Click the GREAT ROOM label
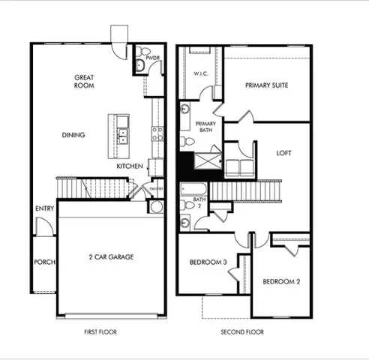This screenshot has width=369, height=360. (x=83, y=82)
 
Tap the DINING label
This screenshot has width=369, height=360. (x=73, y=135)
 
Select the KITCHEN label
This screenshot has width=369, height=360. (x=129, y=166)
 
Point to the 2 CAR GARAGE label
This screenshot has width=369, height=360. (x=110, y=256)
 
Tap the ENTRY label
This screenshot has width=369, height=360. (x=43, y=208)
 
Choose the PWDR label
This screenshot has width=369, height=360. (x=153, y=58)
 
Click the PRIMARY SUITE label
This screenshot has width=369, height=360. (x=266, y=85)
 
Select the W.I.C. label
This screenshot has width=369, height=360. (x=200, y=73)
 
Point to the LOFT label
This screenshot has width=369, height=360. (x=283, y=152)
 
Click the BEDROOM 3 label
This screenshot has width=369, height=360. (x=208, y=262)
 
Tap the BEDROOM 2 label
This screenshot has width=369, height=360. (x=281, y=282)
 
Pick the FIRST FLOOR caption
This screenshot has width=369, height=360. (x=101, y=331)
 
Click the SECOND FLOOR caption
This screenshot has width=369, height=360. (x=242, y=331)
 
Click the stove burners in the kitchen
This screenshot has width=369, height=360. (x=157, y=133)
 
